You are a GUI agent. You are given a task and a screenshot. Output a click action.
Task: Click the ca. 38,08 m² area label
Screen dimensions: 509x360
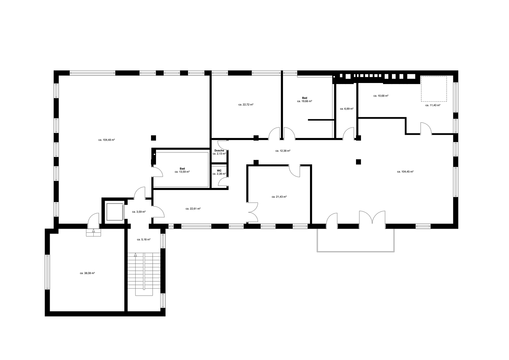point(87,273)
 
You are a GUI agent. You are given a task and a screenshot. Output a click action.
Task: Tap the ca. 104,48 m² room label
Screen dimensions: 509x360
point(107,140)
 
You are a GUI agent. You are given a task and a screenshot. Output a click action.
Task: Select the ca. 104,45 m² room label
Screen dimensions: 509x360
point(405,172)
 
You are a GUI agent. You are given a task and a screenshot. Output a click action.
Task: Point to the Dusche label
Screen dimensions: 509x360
point(219,150)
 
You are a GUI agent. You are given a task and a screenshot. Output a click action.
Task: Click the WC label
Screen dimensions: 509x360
point(219,171)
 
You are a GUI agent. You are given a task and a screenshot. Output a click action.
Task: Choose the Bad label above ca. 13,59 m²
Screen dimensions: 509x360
point(182,169)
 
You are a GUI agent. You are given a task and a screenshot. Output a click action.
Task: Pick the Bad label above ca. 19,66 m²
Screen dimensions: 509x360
point(304,98)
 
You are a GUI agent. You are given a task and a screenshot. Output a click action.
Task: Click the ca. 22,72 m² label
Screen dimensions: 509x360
point(246,105)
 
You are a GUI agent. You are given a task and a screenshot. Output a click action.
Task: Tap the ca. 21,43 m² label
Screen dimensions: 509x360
point(279,197)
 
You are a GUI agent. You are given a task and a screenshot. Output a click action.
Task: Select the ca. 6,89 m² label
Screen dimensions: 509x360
point(347,109)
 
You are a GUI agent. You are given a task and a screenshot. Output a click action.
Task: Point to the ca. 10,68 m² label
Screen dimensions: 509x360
point(381,96)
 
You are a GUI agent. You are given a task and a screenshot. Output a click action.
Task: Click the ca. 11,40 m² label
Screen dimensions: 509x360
point(433,105)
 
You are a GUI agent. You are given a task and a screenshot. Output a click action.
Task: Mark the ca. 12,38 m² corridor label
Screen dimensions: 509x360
point(283,151)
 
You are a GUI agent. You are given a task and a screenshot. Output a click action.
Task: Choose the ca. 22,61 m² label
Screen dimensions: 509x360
point(193,209)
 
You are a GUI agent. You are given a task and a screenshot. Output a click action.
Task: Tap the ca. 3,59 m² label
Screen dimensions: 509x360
point(139,212)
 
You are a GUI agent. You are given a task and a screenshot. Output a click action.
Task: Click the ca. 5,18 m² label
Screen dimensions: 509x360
point(144,239)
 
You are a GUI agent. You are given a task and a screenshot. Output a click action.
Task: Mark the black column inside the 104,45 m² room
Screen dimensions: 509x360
point(359,162)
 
